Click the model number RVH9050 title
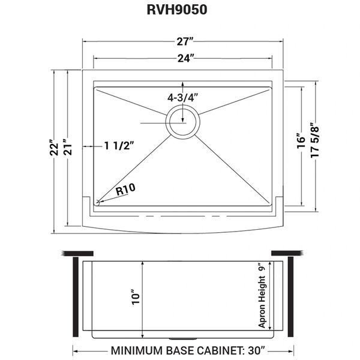point(177,10)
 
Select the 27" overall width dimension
point(184,41)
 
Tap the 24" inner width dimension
point(185,58)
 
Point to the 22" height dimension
point(55,148)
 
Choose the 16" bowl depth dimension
point(301,141)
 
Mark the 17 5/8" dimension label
point(315,142)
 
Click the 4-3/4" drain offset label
point(182,98)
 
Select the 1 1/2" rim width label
point(119,146)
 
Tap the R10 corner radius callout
point(125,190)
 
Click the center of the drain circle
point(183,122)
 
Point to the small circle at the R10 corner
point(98,203)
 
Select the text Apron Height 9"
point(262,296)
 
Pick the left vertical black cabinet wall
point(76,296)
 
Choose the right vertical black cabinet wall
point(290,296)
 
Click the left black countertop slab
point(77,253)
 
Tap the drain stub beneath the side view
point(182,339)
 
